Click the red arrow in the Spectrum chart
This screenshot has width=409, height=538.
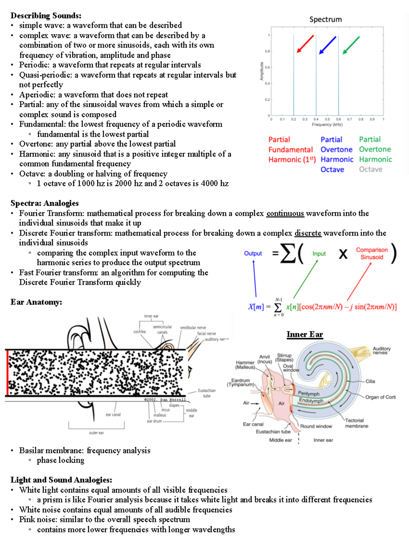tap(305, 44)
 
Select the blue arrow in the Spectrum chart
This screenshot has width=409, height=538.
tap(328, 45)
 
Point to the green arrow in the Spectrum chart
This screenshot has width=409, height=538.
tap(351, 45)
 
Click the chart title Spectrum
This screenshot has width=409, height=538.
tap(325, 19)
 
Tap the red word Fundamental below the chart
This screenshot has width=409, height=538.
tap(290, 150)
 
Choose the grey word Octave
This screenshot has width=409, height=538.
tap(370, 169)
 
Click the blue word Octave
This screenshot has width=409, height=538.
tap(332, 169)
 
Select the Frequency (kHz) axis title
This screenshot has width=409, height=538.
tap(327, 125)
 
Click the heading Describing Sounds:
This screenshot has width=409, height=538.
tap(46, 15)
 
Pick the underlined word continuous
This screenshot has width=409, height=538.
tap(285, 213)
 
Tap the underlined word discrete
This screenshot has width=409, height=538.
tap(308, 233)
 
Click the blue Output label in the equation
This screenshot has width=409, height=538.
tap(253, 253)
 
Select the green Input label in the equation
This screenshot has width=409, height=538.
tap(319, 254)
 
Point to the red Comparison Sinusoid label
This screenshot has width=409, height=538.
tap(372, 254)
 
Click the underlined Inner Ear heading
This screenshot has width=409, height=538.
tap(305, 334)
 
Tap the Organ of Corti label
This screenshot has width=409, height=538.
tap(380, 397)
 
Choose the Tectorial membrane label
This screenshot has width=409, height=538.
tap(356, 423)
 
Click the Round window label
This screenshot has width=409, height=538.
tap(316, 426)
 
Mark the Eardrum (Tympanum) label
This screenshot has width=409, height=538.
tap(241, 382)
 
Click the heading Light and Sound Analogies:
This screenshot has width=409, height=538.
tap(61, 480)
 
